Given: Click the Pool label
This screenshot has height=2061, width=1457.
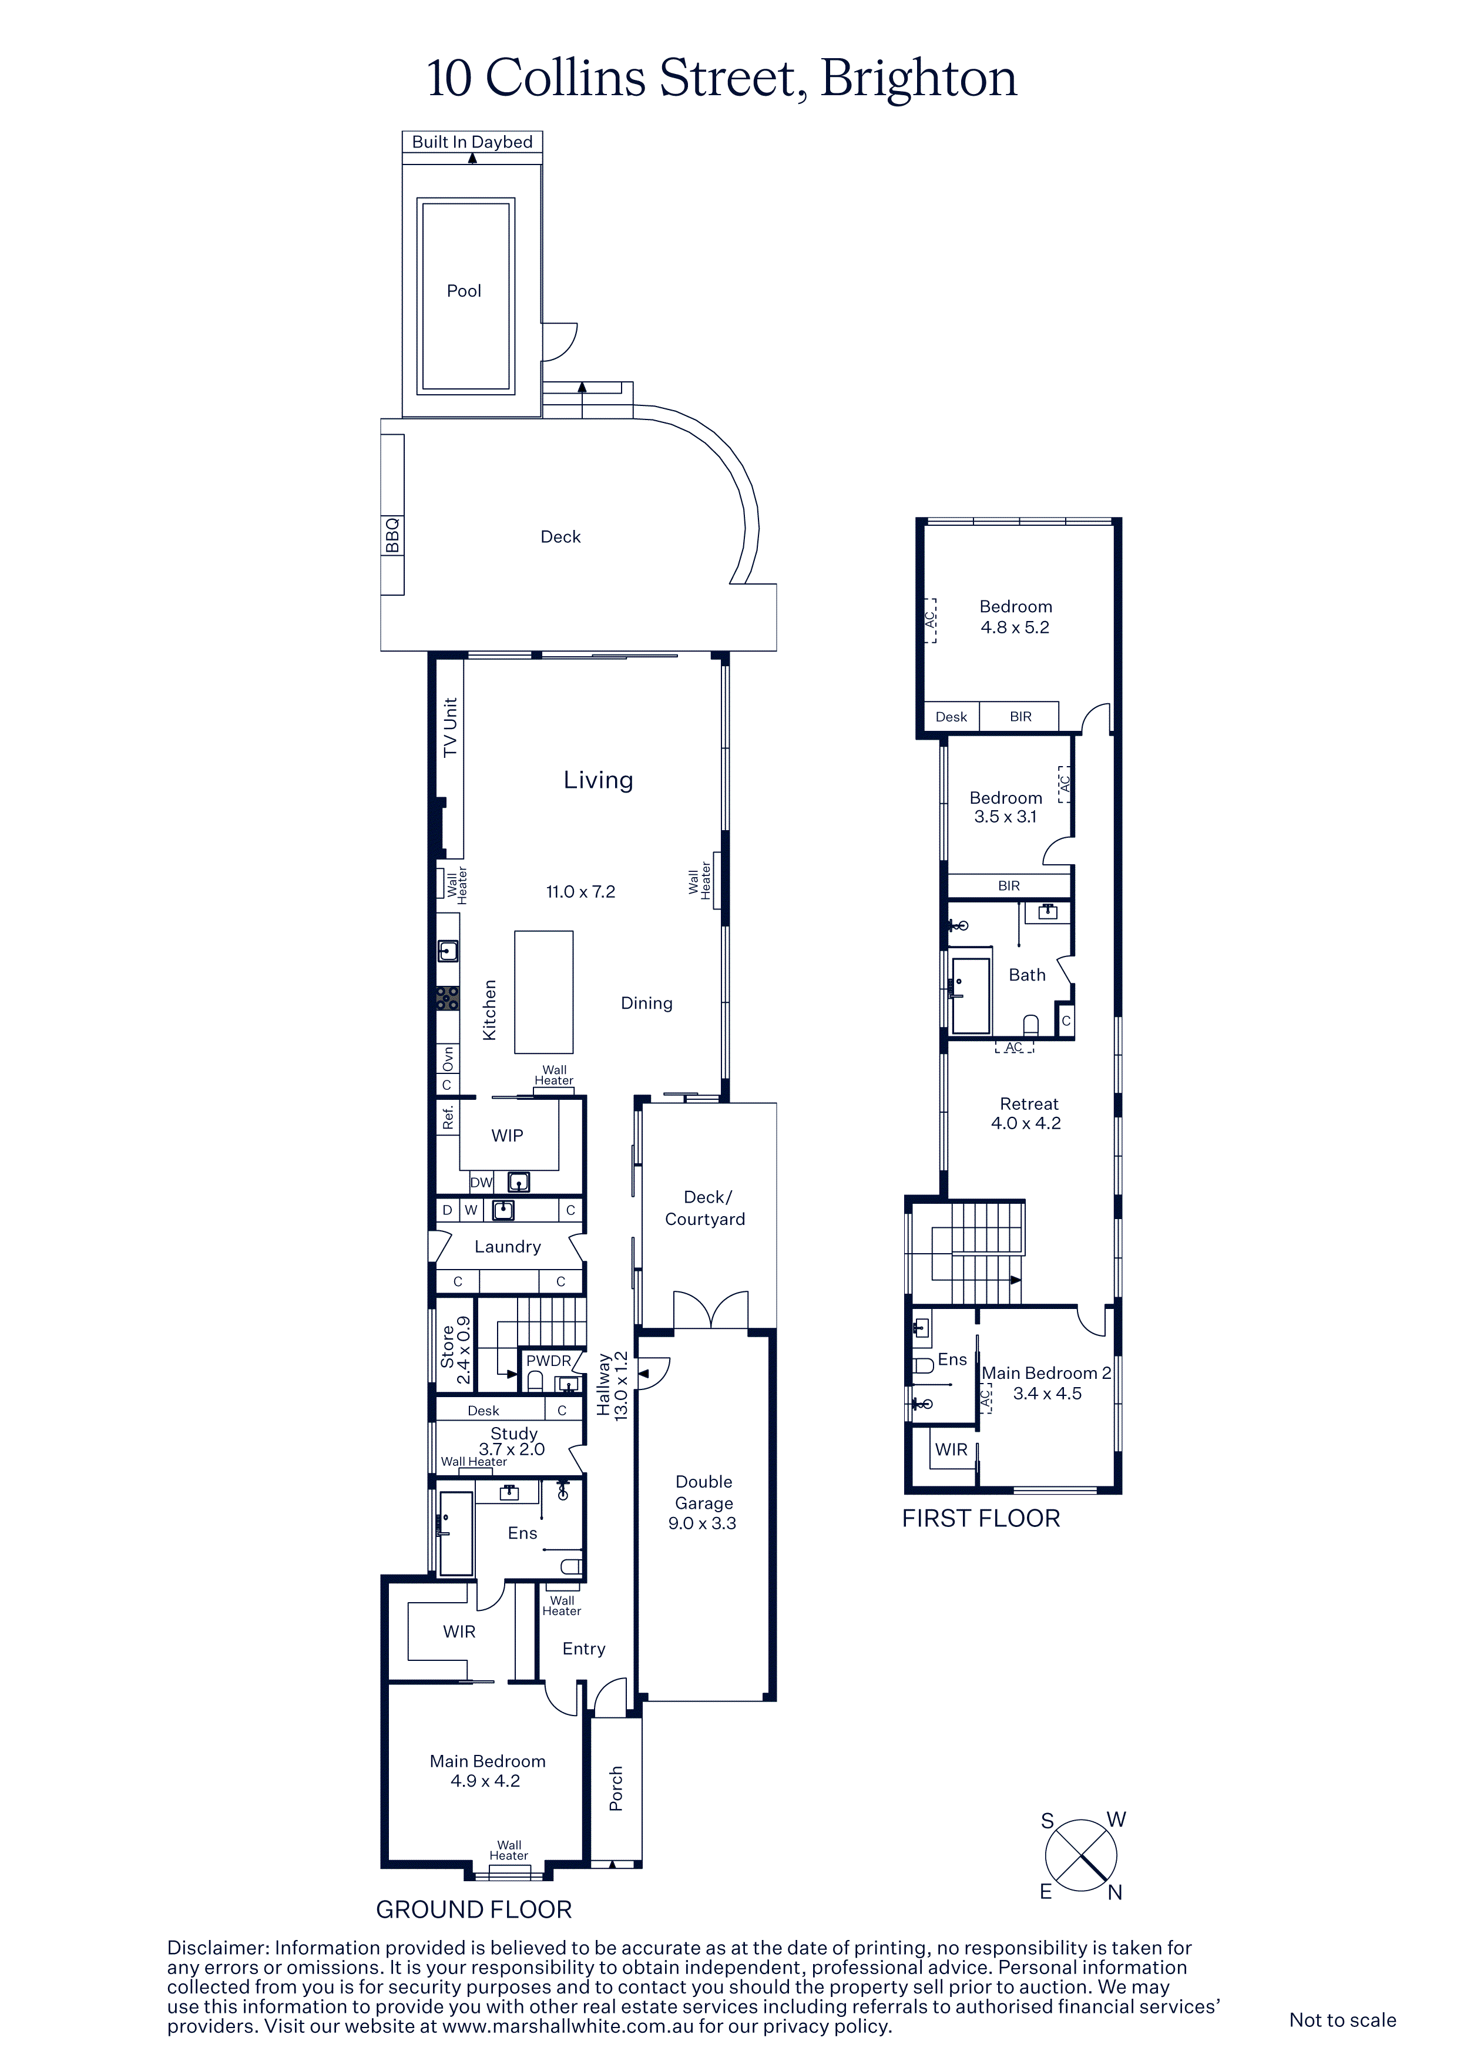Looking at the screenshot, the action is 464,291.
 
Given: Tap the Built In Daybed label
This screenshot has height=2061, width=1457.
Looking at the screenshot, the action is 472,142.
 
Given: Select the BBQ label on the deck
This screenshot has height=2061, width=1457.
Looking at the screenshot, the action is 392,536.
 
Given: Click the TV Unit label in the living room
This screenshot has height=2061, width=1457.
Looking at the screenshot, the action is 450,727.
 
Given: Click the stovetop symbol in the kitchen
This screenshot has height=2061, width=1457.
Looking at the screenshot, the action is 447,998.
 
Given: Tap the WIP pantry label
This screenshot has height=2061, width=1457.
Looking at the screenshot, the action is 507,1136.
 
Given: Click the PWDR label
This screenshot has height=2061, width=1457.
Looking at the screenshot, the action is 549,1361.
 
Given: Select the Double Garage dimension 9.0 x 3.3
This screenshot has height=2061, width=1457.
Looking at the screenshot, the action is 702,1523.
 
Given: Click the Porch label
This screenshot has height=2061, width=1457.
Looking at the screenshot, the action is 616,1789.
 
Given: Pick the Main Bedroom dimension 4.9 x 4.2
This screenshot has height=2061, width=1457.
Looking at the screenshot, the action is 486,1781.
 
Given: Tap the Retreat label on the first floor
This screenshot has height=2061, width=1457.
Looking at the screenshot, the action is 1029,1104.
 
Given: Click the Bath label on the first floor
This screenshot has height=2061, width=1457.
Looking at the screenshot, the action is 1027,975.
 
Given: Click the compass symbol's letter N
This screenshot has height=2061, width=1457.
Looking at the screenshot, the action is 1115,1892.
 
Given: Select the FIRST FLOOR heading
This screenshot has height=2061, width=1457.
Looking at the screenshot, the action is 981,1518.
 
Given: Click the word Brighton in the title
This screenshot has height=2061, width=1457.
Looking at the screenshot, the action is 918,78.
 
